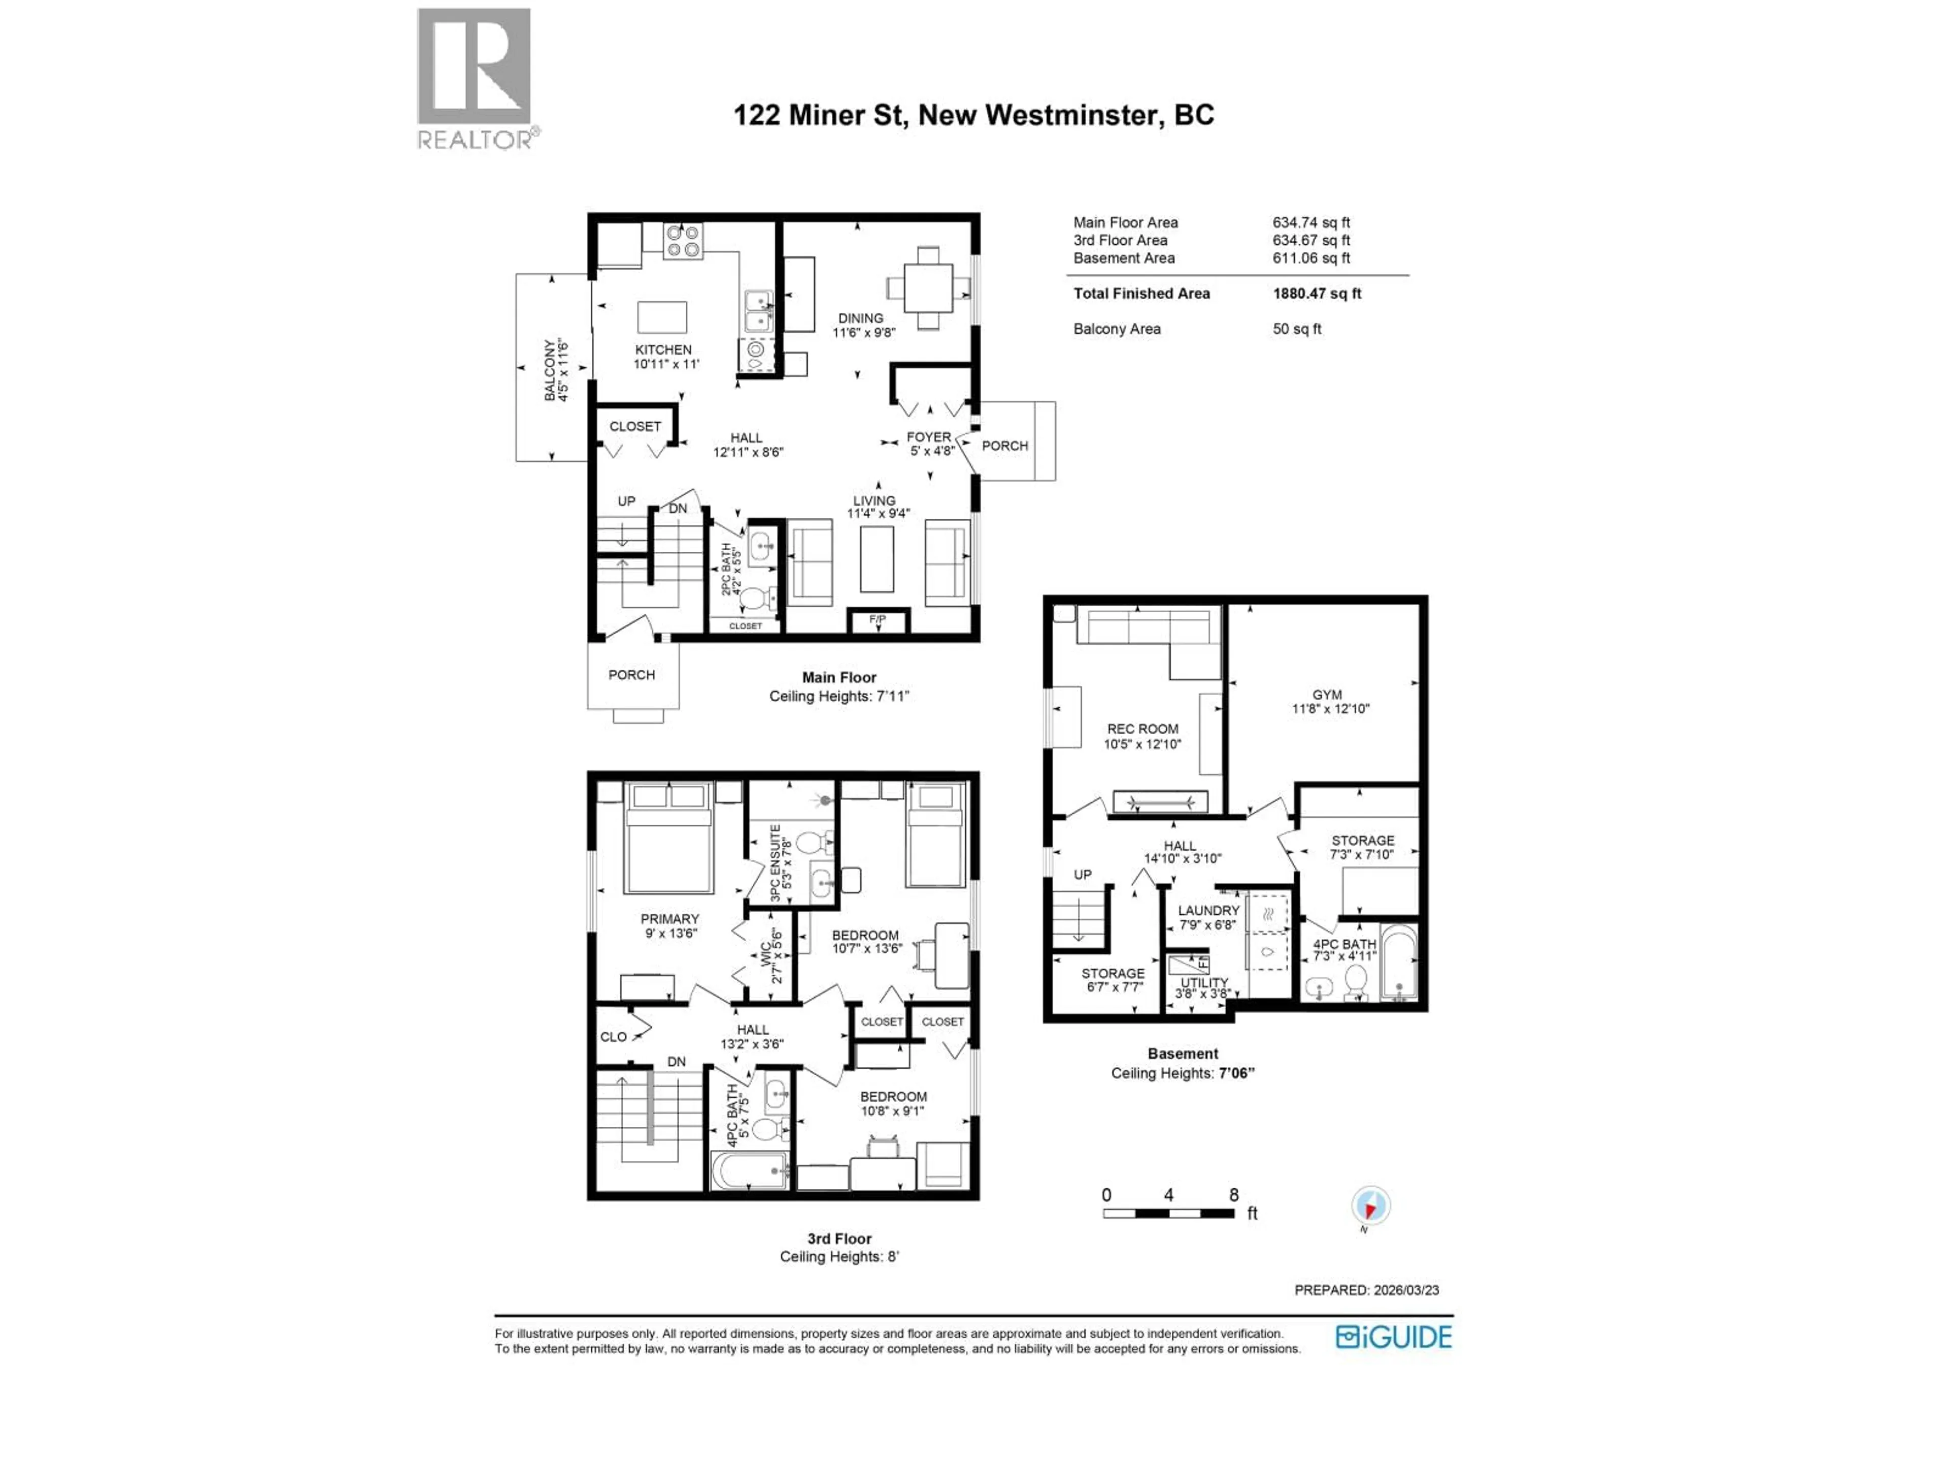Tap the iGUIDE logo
coord(1393,1337)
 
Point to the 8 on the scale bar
coord(1233,1195)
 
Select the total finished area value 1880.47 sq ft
coord(1317,293)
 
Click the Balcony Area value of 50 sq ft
coord(1297,329)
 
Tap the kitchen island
coord(662,317)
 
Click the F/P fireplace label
coord(878,619)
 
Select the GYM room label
coord(1327,694)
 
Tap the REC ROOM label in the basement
coord(1143,729)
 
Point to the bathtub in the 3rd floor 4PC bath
coord(750,1170)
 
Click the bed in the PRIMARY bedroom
coord(668,837)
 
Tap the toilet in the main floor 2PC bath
coord(753,599)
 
